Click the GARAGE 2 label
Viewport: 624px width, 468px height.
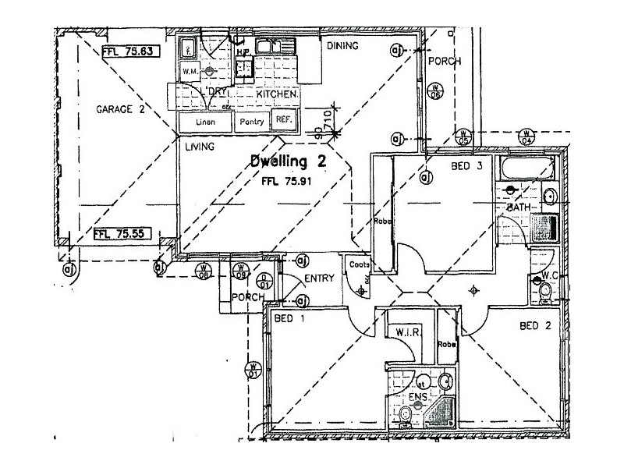pos(120,110)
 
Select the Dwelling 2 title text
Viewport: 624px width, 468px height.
pos(287,161)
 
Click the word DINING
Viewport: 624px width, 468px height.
pos(342,46)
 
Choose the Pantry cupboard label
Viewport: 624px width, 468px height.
pos(251,121)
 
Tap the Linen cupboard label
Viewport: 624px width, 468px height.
pos(205,122)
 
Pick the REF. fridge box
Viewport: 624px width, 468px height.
pos(282,119)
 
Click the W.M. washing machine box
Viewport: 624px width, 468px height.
pos(189,72)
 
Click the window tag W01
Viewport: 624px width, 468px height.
pos(253,369)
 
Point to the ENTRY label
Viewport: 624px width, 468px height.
pos(318,278)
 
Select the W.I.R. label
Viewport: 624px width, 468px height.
pos(409,332)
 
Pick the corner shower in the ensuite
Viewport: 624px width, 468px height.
pos(444,413)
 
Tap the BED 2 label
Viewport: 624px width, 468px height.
pos(537,326)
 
